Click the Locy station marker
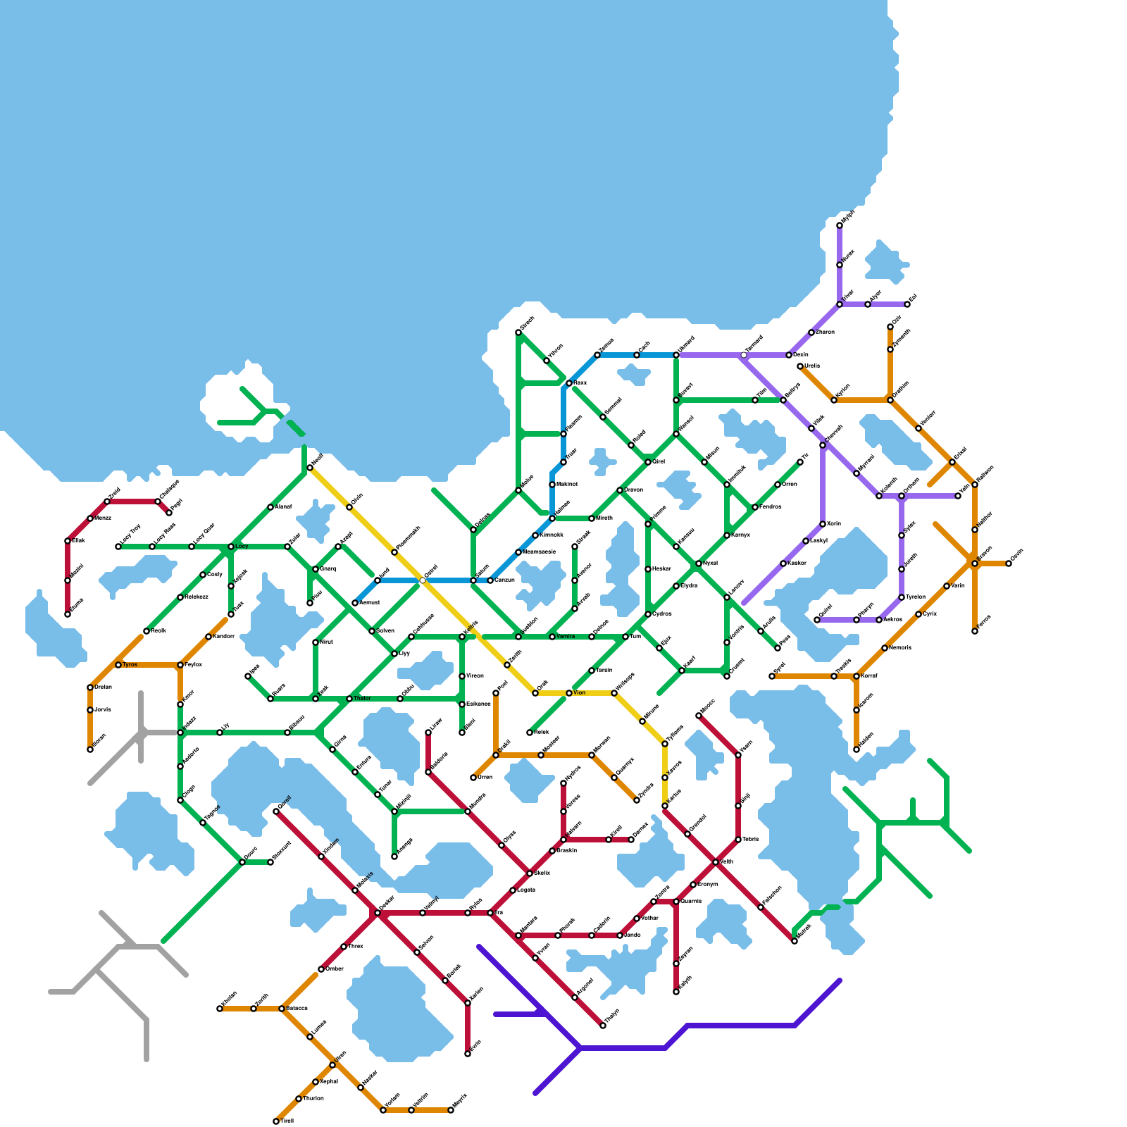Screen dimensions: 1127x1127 (231, 547)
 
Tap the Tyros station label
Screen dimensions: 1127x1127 (130, 665)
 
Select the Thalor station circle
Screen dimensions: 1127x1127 (349, 699)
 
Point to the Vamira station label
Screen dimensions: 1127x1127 (566, 637)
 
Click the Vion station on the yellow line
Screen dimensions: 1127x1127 (569, 693)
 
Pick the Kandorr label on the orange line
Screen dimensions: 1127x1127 (223, 637)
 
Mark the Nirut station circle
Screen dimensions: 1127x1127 (316, 642)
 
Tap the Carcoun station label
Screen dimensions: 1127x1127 (505, 580)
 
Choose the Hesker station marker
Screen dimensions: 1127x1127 (648, 569)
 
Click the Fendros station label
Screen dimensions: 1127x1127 (770, 507)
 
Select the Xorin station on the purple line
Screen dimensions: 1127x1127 (823, 524)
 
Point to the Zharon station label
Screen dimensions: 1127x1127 (825, 332)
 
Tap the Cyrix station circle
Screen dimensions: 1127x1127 (919, 614)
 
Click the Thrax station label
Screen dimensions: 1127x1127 (356, 947)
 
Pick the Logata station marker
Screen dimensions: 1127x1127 (513, 890)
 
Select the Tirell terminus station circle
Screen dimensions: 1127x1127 (276, 1121)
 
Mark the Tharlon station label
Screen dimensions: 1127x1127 (313, 1099)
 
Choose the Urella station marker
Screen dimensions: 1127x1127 (800, 366)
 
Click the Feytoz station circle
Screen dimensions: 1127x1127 (180, 665)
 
